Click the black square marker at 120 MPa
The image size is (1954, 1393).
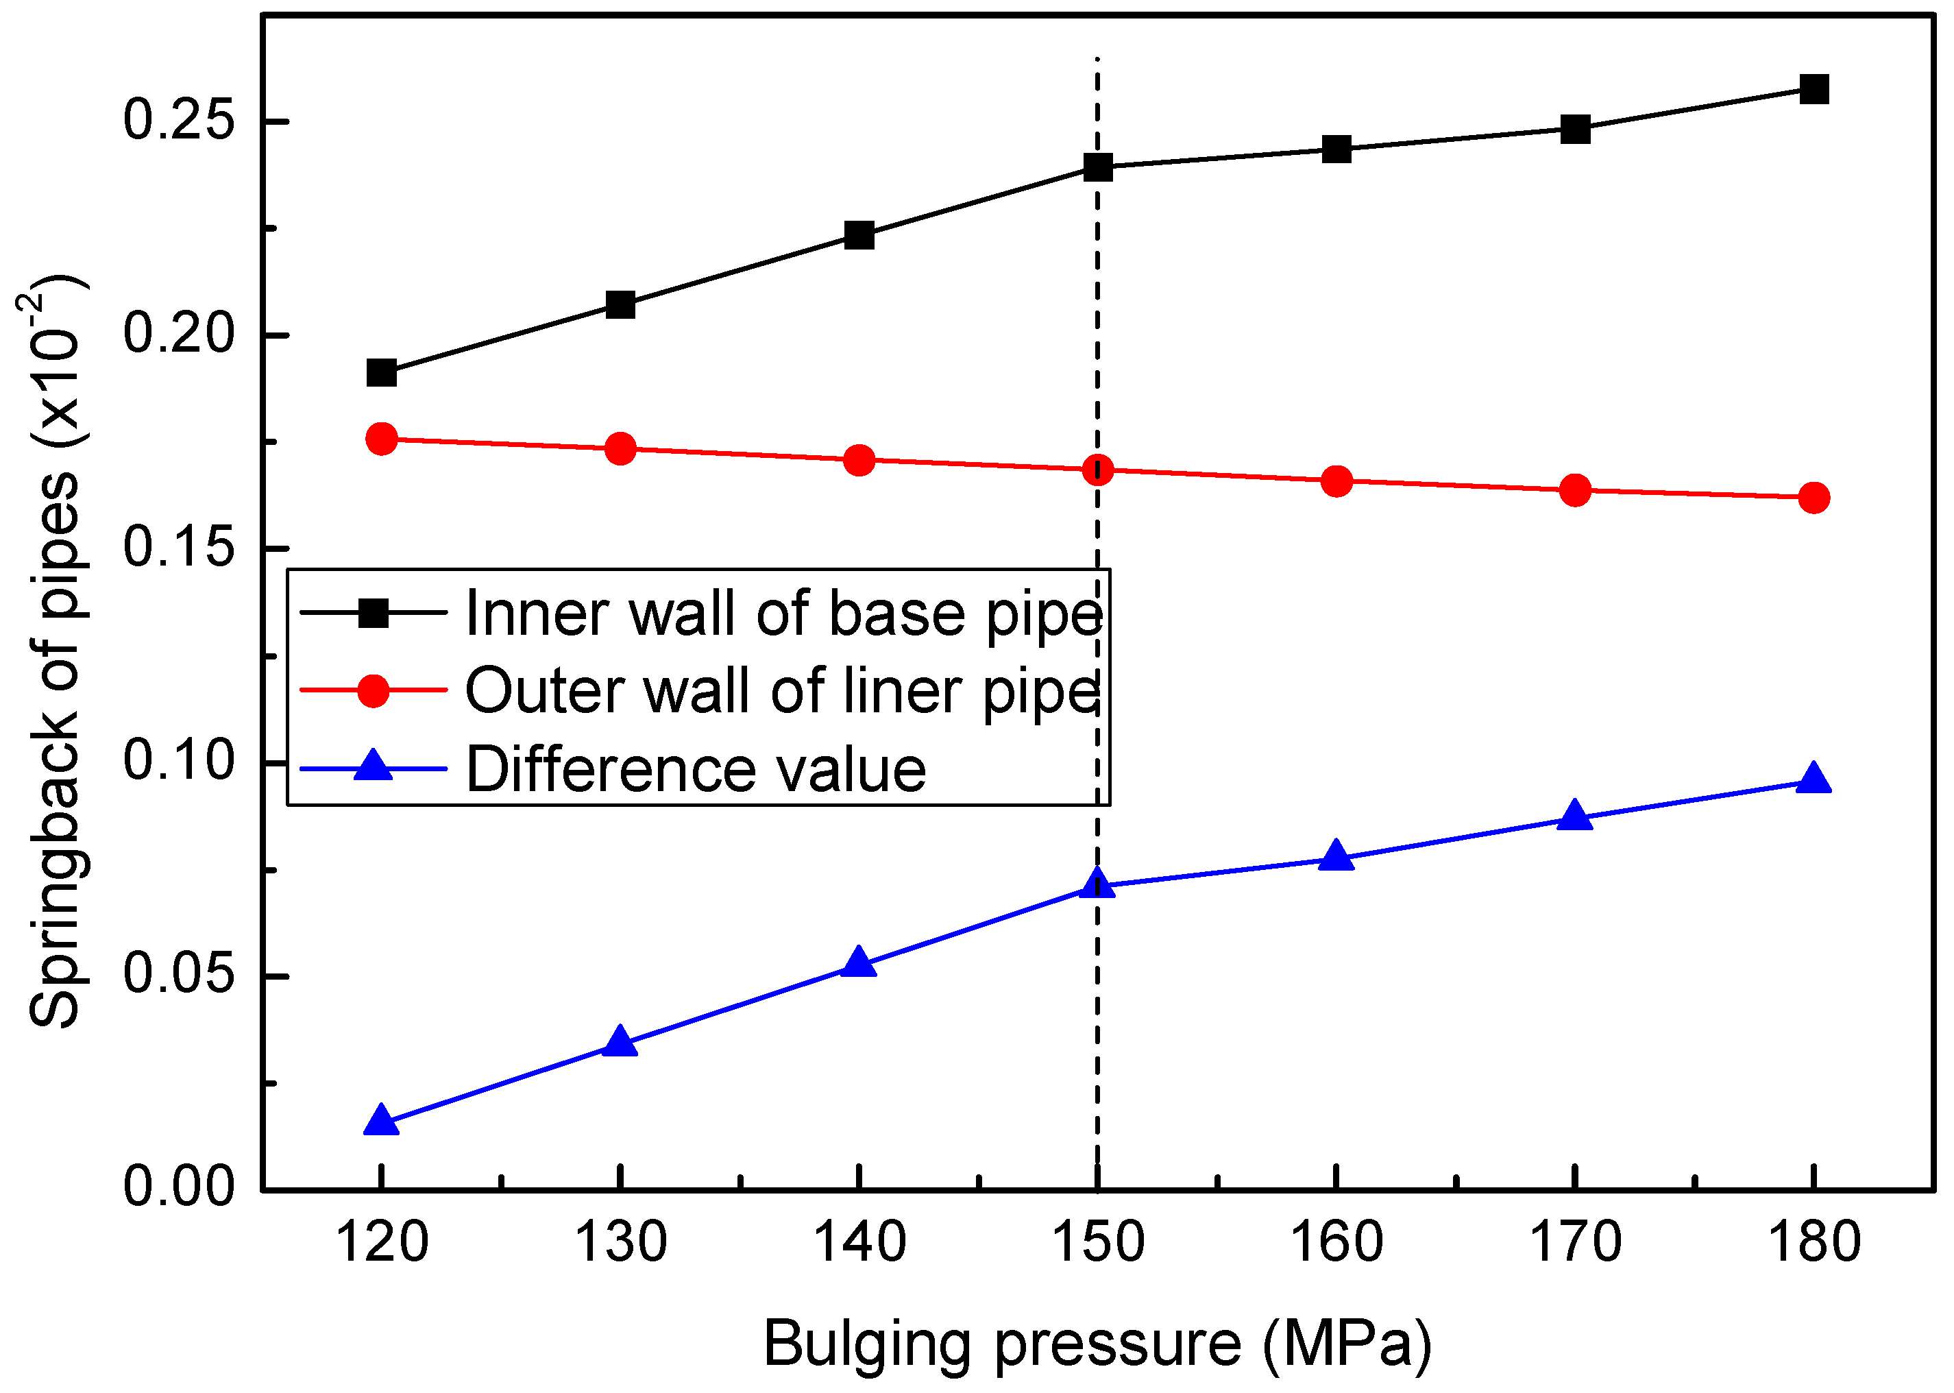tap(382, 373)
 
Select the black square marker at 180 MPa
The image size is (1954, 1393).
tap(1813, 88)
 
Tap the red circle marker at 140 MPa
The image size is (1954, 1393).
tap(859, 461)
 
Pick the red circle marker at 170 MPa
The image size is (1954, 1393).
tap(1575, 491)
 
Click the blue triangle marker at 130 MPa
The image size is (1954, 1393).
tap(620, 1042)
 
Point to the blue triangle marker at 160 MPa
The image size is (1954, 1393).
tap(1336, 857)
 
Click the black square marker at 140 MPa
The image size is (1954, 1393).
tap(859, 235)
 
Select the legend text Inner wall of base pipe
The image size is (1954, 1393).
tap(783, 614)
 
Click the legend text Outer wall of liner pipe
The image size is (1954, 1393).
tap(783, 691)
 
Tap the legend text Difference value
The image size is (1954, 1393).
tap(696, 769)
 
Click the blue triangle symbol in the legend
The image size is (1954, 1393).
tap(373, 766)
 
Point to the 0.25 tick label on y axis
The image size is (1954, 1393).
tap(178, 119)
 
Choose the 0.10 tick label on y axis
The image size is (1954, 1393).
tap(178, 761)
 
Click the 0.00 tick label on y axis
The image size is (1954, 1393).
tap(178, 1188)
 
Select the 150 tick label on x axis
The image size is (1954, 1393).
tap(1097, 1243)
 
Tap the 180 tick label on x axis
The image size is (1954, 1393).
tap(1813, 1243)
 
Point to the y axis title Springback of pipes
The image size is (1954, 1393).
tap(55, 652)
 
